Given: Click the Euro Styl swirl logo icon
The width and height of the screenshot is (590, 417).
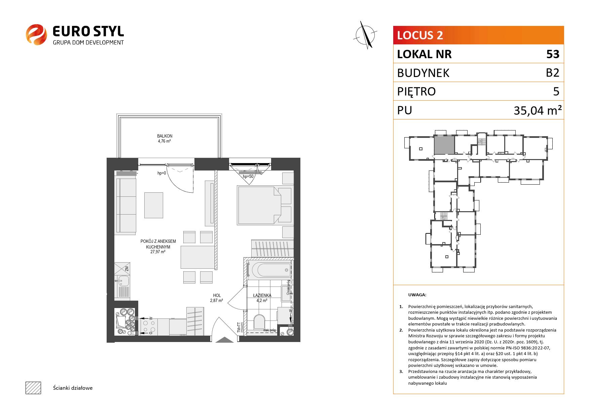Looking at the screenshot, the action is coord(36,34).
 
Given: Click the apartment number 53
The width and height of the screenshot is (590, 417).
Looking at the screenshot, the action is coord(553,54).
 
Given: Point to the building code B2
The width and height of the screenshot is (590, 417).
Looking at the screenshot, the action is coord(552,73).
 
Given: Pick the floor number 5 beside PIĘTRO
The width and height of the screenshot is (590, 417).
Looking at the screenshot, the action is coord(556,91).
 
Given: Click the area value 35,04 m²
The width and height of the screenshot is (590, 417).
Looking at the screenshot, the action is coord(538,110).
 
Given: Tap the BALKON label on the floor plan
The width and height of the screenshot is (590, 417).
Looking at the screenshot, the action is coord(164,136).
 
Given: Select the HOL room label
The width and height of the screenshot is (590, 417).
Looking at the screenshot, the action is coord(217,296).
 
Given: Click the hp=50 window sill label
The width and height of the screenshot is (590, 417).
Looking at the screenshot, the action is coord(248,176).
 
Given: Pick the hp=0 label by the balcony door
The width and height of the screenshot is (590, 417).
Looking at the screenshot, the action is coord(162,173).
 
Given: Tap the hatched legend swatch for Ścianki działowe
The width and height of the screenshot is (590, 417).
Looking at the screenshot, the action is coord(33,388).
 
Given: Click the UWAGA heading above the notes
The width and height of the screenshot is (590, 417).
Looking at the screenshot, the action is coord(417,295).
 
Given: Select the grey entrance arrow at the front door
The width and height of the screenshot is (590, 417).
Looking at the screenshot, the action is coord(225,340).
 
